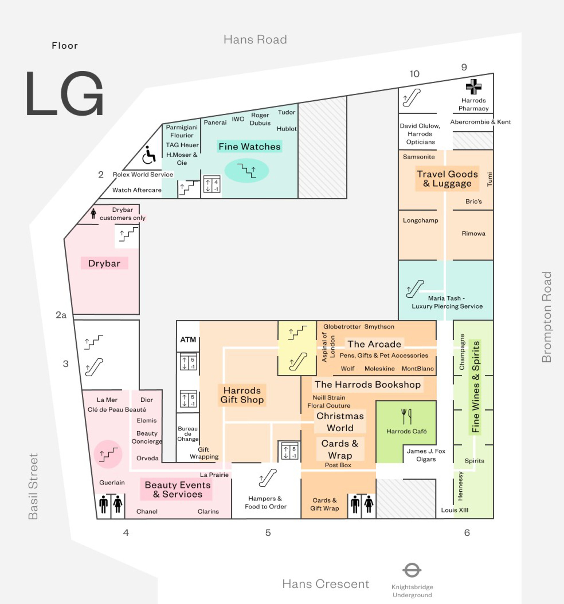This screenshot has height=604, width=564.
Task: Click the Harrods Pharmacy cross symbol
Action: pos(473,87)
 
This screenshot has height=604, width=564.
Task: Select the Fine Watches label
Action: pos(249,147)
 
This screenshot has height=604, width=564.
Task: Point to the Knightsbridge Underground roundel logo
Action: pos(412,570)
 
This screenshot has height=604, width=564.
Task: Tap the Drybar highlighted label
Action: pos(104,263)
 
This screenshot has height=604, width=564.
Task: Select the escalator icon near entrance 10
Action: pos(411,97)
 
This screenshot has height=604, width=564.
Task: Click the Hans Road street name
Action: pos(255,40)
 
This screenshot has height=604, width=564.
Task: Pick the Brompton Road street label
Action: pos(546,317)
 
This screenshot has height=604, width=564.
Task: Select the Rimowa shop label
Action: pos(473,233)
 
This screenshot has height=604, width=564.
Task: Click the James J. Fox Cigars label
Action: pos(426,455)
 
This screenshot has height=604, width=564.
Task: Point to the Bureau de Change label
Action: pos(188,433)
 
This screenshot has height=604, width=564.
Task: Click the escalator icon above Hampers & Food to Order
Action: pos(267,478)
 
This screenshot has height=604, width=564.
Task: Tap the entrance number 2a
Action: pos(61,315)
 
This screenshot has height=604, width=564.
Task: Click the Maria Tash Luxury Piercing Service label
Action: pos(447,302)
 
